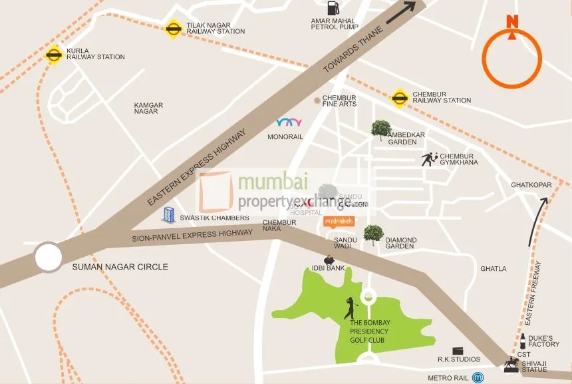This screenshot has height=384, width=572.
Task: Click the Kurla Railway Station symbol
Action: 53,55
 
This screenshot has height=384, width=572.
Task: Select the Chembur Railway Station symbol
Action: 399,98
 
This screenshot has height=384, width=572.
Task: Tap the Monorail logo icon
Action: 289,122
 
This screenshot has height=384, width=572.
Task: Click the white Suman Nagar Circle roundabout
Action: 49,257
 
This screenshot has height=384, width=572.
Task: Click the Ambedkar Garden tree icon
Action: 381,130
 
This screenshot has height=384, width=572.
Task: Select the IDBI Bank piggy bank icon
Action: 329,260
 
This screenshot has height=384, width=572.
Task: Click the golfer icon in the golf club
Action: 351,308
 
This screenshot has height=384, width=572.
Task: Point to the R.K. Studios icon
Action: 458,351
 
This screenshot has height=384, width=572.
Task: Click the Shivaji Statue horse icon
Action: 511,363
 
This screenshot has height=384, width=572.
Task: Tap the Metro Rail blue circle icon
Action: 478,377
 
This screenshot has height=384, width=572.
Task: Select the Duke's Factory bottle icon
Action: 523,341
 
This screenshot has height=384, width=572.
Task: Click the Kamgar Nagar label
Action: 148,108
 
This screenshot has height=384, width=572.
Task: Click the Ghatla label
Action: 493,269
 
